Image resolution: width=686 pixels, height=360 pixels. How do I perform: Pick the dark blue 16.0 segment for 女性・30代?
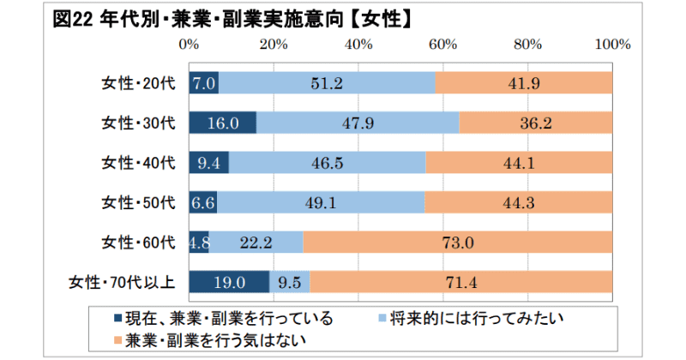[x=222, y=123]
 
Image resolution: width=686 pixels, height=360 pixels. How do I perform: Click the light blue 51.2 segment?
[x=327, y=83]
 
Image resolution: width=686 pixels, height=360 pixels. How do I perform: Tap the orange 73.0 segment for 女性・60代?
[x=457, y=242]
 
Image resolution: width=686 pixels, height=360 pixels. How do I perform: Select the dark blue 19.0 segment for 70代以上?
[x=229, y=281]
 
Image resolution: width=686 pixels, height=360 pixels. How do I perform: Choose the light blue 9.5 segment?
[x=290, y=281]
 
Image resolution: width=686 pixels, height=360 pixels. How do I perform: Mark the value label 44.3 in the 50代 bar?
[x=518, y=202]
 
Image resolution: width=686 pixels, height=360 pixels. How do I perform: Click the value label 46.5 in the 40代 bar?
[x=327, y=163]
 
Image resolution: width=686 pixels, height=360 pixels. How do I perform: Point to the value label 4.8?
[x=199, y=242]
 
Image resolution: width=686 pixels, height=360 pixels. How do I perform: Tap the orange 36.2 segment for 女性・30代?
[x=536, y=123]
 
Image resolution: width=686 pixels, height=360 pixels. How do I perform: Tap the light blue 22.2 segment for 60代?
[x=256, y=242]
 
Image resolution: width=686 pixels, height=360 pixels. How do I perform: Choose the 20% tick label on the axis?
[x=274, y=42]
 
